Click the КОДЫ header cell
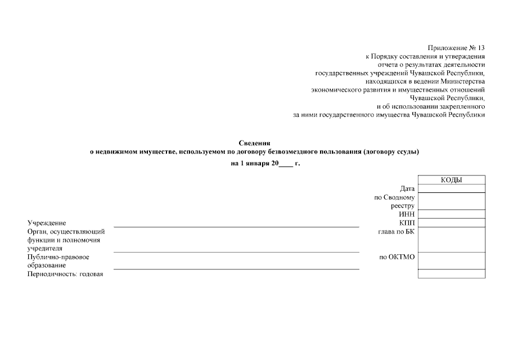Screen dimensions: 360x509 pyautogui.click(x=452, y=180)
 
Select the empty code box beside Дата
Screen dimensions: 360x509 pyautogui.click(x=452, y=188)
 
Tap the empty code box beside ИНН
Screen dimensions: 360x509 pyautogui.click(x=452, y=214)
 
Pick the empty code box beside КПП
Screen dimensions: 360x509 pyautogui.click(x=452, y=222)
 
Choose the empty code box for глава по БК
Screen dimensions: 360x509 pyautogui.click(x=452, y=239)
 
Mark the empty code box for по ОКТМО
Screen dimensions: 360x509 pyautogui.click(x=452, y=260)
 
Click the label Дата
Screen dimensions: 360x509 pyautogui.click(x=407, y=188)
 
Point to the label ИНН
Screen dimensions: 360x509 pyautogui.click(x=407, y=214)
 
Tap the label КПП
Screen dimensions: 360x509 pyautogui.click(x=406, y=223)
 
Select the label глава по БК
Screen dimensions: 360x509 pyautogui.click(x=397, y=231)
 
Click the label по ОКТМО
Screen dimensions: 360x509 pyautogui.click(x=397, y=257)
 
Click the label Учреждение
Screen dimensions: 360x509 pyautogui.click(x=47, y=223)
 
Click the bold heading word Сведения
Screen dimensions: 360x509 pyautogui.click(x=255, y=143)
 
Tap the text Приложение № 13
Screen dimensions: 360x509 pyautogui.click(x=456, y=47)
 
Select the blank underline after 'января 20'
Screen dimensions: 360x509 pyautogui.click(x=286, y=165)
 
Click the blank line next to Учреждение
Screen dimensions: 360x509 pyautogui.click(x=236, y=226)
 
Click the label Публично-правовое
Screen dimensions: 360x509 pyautogui.click(x=58, y=257)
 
